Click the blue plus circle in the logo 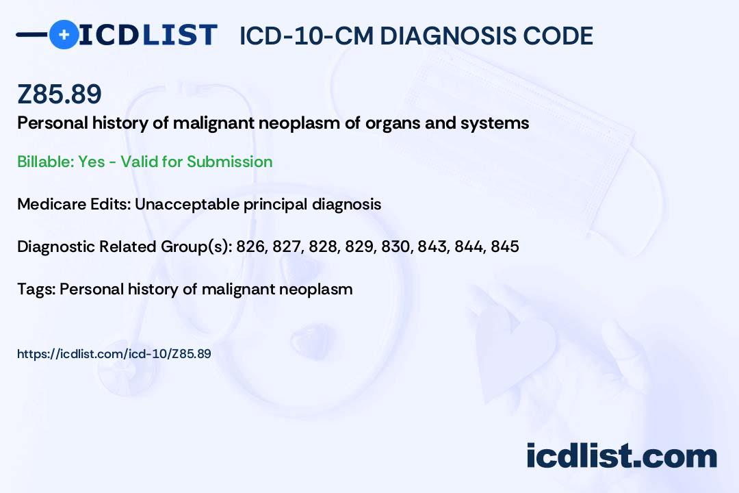pos(64,34)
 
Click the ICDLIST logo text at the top pos(148,35)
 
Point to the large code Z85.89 pos(60,95)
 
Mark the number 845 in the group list pos(504,246)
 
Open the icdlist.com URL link pos(114,354)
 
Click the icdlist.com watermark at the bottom pos(621,455)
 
